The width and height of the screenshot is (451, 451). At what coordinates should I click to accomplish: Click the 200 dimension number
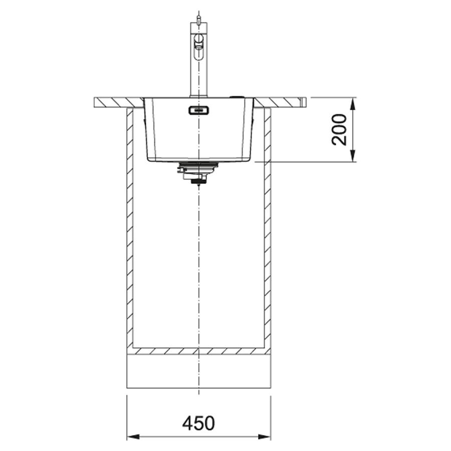pyautogui.click(x=339, y=129)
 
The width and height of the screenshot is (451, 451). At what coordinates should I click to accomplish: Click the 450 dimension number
pyautogui.click(x=198, y=423)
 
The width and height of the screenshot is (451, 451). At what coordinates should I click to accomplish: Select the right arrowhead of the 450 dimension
pyautogui.click(x=264, y=437)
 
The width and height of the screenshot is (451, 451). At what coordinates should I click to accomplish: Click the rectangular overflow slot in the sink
pyautogui.click(x=198, y=110)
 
